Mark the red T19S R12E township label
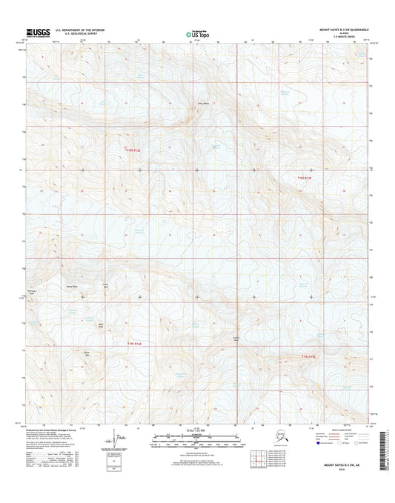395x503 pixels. (133, 343)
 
